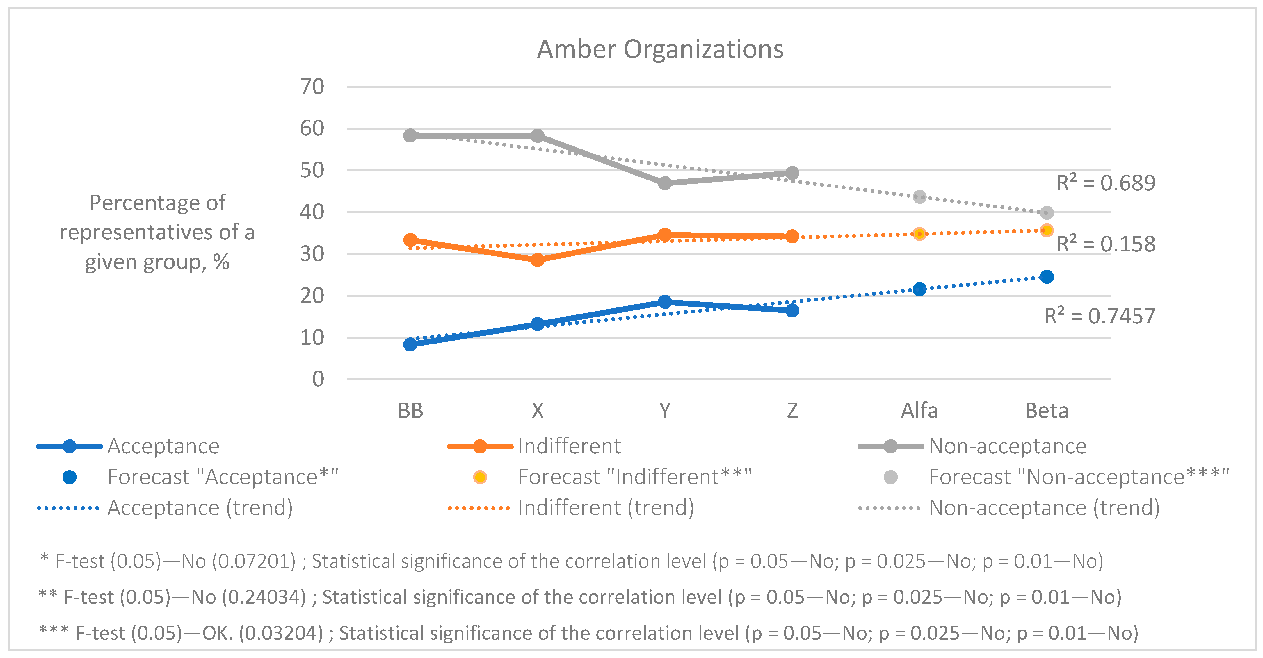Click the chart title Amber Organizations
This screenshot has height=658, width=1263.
tap(660, 49)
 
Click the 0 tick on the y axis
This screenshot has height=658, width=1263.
tap(318, 379)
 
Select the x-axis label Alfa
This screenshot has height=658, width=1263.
tap(919, 411)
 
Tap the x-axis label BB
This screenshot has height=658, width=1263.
tap(410, 411)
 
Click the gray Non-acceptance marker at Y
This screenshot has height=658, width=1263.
tap(665, 183)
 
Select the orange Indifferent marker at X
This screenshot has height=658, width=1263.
tap(537, 260)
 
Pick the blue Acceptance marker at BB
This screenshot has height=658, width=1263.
tap(410, 344)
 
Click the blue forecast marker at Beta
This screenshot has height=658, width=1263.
tap(1047, 277)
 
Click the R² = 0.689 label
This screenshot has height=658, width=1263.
tap(1106, 183)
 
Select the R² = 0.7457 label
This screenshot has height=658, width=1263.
tap(1100, 316)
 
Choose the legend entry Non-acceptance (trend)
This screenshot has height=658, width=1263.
tap(1044, 507)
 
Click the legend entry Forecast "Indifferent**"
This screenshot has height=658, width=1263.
tap(634, 477)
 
